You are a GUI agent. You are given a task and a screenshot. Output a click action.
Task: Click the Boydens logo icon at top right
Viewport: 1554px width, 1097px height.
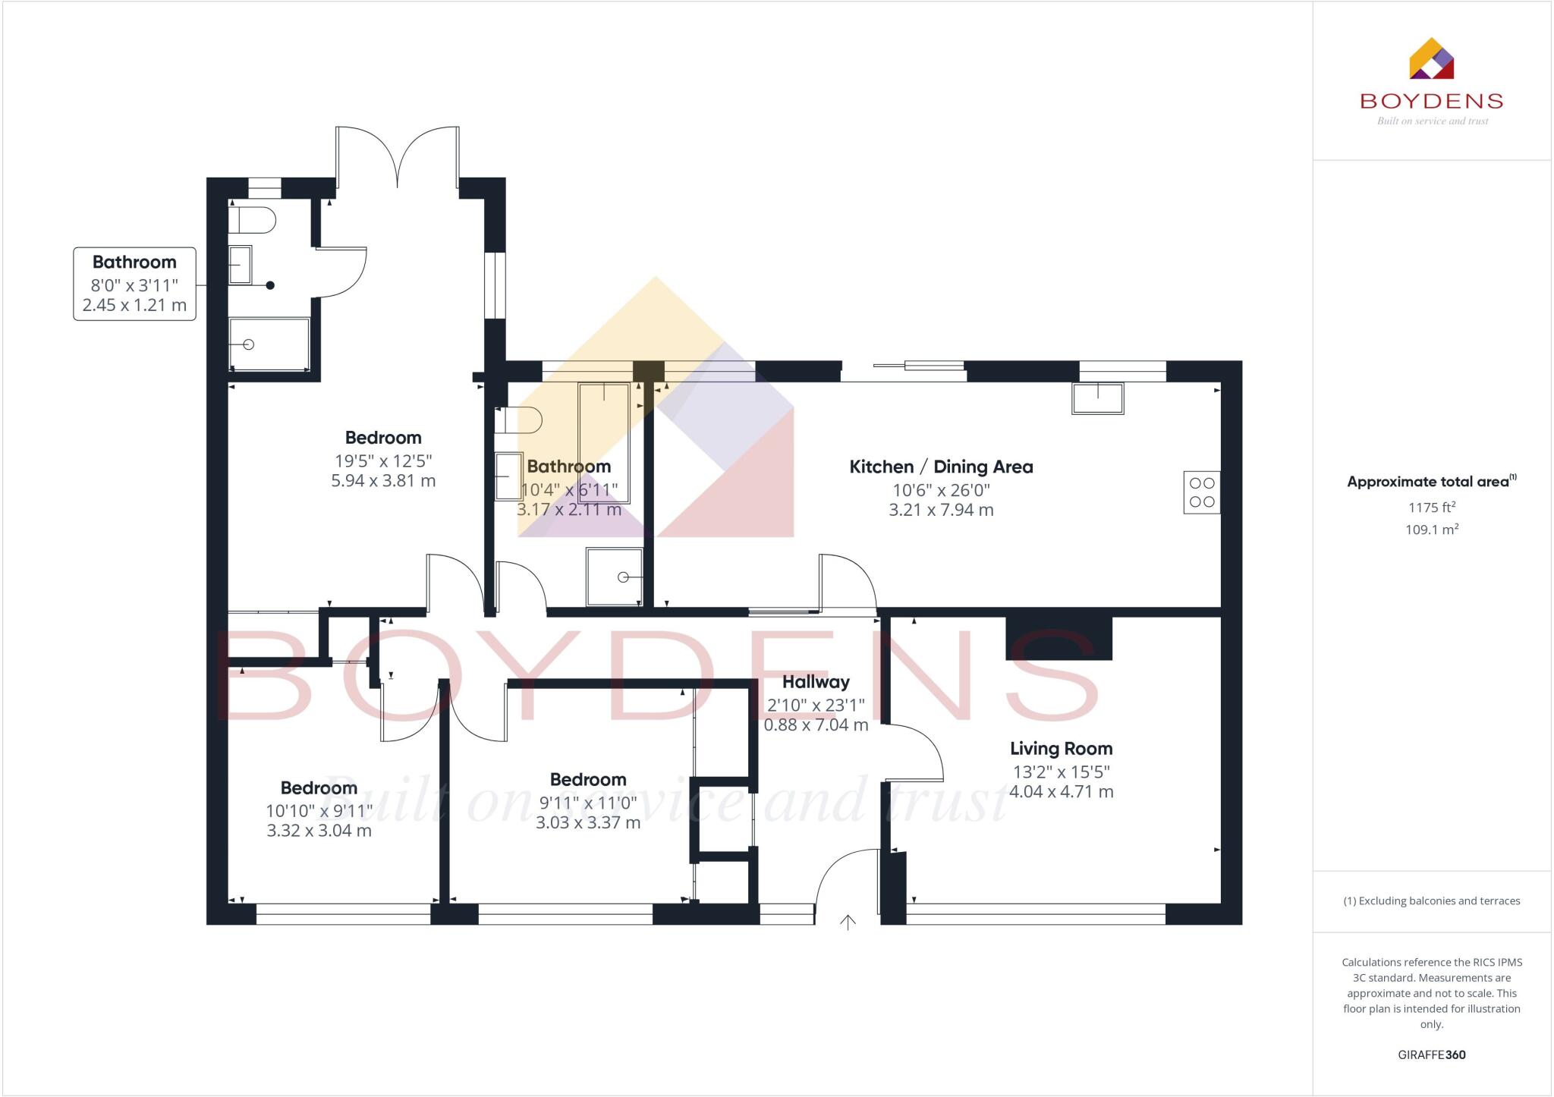1431,58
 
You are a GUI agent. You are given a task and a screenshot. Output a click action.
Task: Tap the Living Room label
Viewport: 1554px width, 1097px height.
1061,749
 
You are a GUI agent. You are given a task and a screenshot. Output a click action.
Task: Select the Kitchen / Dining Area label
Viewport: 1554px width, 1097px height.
941,467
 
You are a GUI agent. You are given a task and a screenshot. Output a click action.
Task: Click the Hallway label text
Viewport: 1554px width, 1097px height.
816,682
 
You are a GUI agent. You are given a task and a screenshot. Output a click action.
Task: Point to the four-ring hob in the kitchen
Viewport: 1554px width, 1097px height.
1202,492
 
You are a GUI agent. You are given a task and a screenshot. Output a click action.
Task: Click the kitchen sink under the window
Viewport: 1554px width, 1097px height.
1097,398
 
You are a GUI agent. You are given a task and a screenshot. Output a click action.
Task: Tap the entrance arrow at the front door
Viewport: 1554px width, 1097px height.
848,922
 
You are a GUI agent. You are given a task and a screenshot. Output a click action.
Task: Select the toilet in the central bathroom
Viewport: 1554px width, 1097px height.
518,420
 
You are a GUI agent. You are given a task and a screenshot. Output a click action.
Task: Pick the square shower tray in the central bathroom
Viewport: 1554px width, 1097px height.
614,577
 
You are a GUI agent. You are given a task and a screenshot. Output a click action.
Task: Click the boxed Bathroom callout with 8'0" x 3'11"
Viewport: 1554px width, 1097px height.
134,284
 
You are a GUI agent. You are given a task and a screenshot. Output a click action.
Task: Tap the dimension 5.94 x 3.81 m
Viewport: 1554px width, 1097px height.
383,481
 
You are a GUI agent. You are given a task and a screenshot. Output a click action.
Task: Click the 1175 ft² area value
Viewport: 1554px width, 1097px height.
1431,508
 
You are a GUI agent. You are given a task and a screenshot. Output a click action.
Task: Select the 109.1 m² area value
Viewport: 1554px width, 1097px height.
1431,530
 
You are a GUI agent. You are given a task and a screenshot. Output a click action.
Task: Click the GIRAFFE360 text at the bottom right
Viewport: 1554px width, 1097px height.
1431,1055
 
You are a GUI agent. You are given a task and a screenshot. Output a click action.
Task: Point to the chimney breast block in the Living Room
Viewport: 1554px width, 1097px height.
1059,638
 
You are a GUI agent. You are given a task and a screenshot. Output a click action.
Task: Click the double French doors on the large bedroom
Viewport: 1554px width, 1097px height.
398,158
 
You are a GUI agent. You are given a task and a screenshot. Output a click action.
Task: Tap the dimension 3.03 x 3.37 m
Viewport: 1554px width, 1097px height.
588,823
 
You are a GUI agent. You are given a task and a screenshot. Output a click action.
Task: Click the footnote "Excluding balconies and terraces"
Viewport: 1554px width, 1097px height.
1431,901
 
